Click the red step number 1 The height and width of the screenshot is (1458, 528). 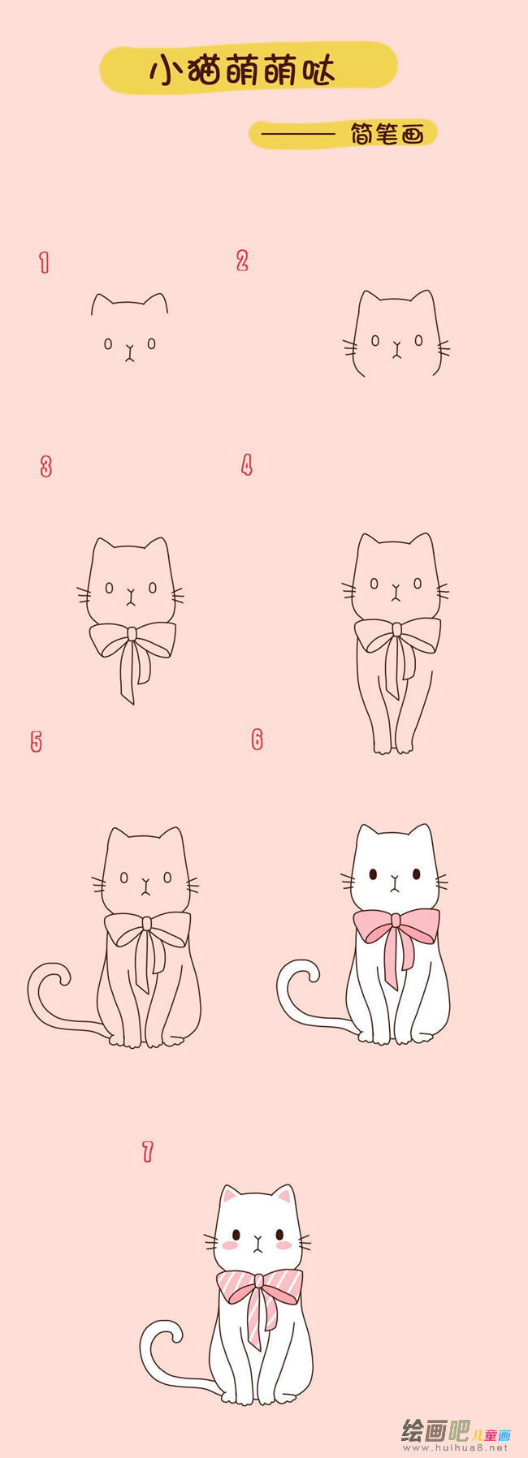pyautogui.click(x=44, y=262)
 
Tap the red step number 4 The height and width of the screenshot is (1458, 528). pyautogui.click(x=247, y=465)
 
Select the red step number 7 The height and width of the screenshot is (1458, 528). pyautogui.click(x=147, y=1151)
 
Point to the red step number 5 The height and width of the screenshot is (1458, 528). pyautogui.click(x=36, y=741)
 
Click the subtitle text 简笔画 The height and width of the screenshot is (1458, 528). pyautogui.click(x=387, y=134)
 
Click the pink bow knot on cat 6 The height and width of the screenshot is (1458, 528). pyautogui.click(x=396, y=920)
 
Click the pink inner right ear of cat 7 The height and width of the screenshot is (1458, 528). pyautogui.click(x=283, y=1195)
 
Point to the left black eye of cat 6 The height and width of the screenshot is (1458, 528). pyautogui.click(x=373, y=874)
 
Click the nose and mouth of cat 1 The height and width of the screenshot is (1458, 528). pyautogui.click(x=129, y=352)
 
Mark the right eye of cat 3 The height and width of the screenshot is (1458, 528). pyautogui.click(x=153, y=586)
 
